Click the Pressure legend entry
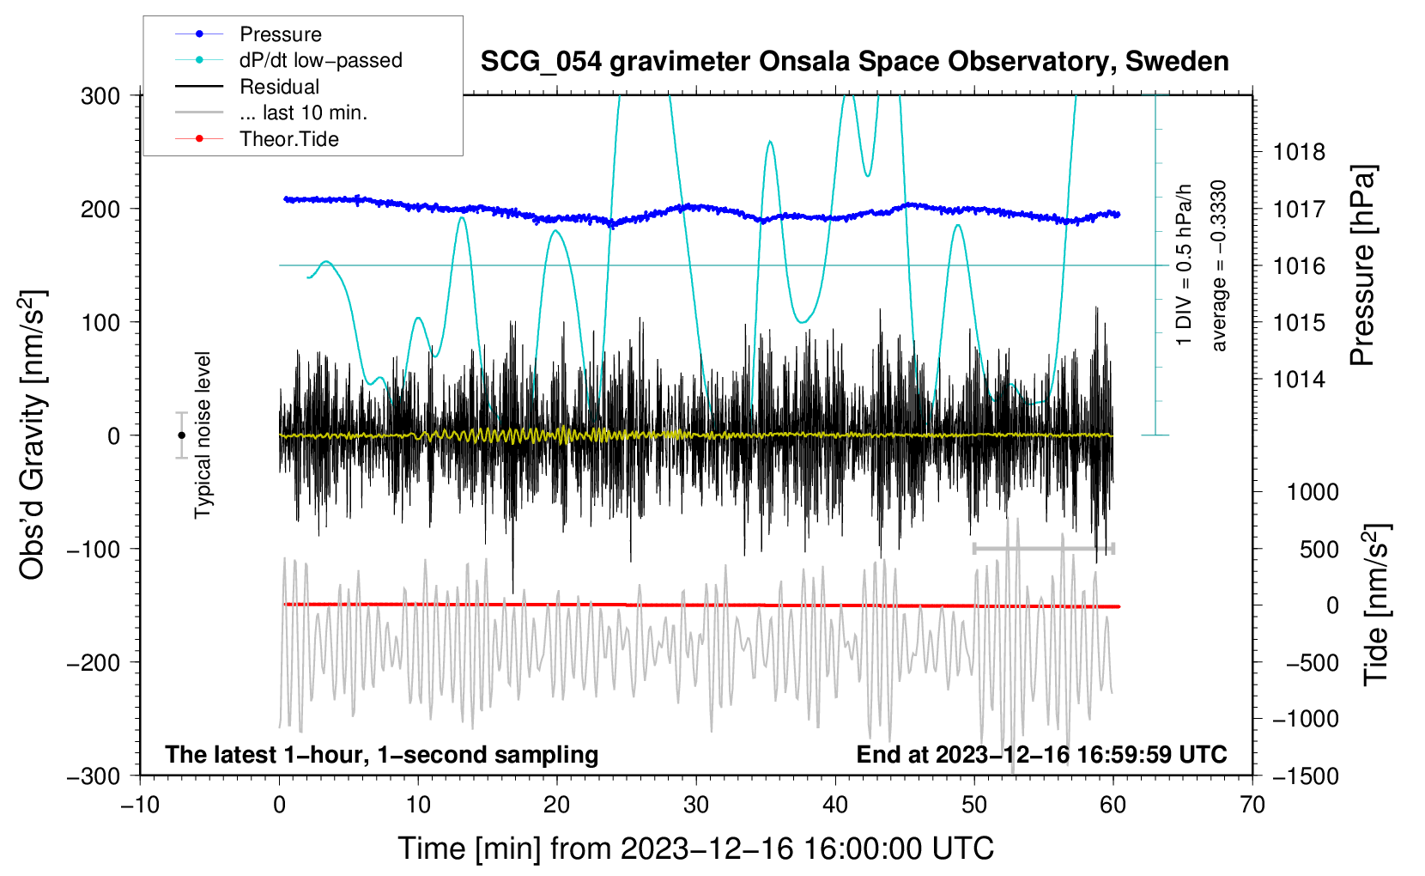tap(280, 34)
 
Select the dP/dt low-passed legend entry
tap(320, 60)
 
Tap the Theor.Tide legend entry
tap(288, 139)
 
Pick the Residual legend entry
tap(279, 87)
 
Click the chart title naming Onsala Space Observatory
tap(854, 62)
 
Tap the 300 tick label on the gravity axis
tap(100, 95)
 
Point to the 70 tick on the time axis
tap(1252, 805)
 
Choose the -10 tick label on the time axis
tap(140, 805)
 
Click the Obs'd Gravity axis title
tap(33, 435)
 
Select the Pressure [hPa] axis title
tap(1362, 265)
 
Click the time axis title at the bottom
tap(695, 849)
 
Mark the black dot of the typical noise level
tap(181, 435)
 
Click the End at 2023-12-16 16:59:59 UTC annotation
tap(1041, 754)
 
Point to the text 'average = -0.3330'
tap(1219, 265)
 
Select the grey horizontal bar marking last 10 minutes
tap(1043, 548)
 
